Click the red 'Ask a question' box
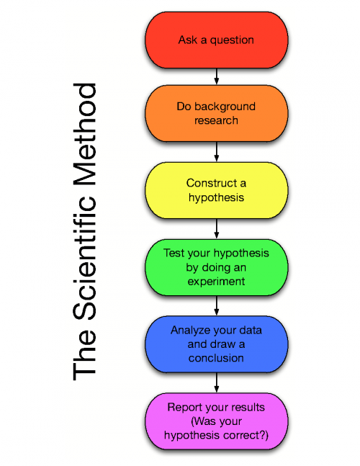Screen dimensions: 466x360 (216, 40)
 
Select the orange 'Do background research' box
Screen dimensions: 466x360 (216, 114)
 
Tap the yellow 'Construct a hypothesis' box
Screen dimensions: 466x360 (216, 190)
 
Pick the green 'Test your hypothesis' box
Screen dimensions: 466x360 (216, 266)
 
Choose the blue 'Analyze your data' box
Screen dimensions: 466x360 (216, 344)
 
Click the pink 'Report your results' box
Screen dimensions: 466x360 (216, 421)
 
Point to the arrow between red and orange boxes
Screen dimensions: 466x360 (216, 76)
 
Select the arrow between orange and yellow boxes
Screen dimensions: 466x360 (216, 152)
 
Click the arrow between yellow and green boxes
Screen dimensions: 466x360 (216, 228)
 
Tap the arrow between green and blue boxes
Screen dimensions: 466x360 (216, 305)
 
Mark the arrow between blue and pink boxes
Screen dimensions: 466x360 (216, 382)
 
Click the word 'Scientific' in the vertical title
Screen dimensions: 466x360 (85, 255)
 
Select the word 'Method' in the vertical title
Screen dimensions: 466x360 (85, 130)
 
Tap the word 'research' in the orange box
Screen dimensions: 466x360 (216, 120)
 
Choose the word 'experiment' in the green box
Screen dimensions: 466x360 (216, 281)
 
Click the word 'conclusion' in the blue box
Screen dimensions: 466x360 (216, 357)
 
